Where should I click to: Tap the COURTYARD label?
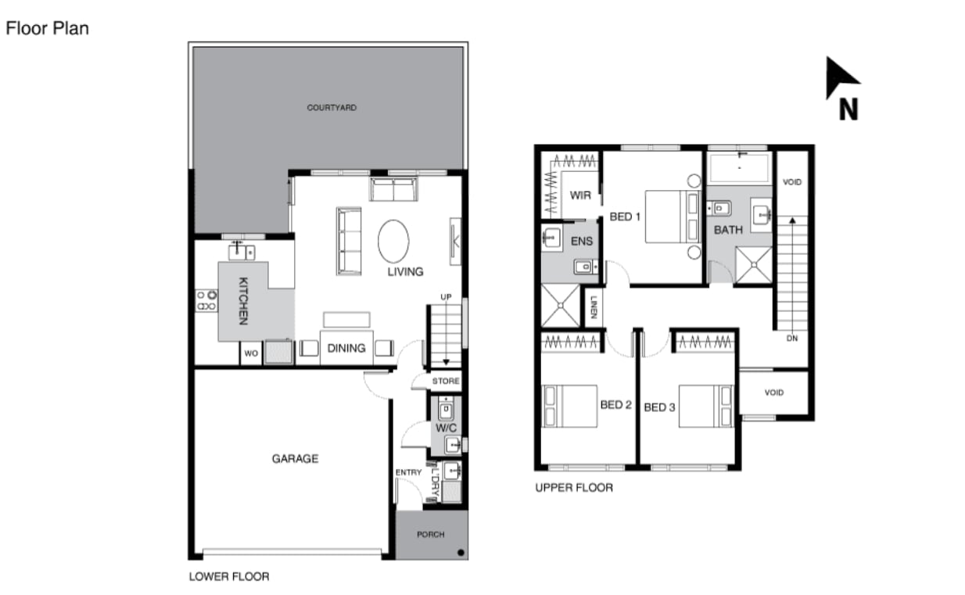point(332,108)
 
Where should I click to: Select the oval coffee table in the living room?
point(393,242)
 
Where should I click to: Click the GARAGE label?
point(295,459)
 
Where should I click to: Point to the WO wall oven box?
point(251,353)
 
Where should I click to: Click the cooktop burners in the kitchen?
point(206,301)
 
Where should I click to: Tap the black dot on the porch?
point(461,552)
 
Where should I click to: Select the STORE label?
point(446,382)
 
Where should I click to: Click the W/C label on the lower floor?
point(446,428)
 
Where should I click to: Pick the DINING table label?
point(346,348)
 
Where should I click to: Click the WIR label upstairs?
point(580,195)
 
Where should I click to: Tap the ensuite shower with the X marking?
point(561,306)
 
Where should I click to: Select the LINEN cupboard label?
point(594,307)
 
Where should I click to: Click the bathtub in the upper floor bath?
point(739,167)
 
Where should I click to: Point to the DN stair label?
point(792,339)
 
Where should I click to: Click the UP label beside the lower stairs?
point(446,297)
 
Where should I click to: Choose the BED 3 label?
point(659,407)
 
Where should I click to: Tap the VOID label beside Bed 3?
point(773,392)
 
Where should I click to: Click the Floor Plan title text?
point(48,28)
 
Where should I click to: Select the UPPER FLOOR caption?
point(574,488)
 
